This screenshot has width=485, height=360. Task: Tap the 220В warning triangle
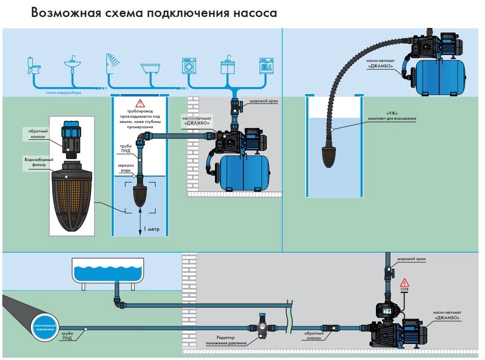click(x=404, y=283)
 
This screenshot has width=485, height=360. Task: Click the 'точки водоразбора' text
click(x=64, y=92)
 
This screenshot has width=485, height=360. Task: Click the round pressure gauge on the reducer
click(x=263, y=327)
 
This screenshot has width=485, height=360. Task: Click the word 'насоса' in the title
click(x=254, y=12)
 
